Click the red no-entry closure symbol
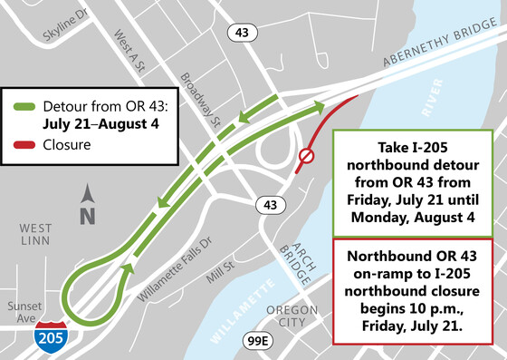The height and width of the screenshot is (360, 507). tap(306, 158)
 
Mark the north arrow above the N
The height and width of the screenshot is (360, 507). tap(86, 194)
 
